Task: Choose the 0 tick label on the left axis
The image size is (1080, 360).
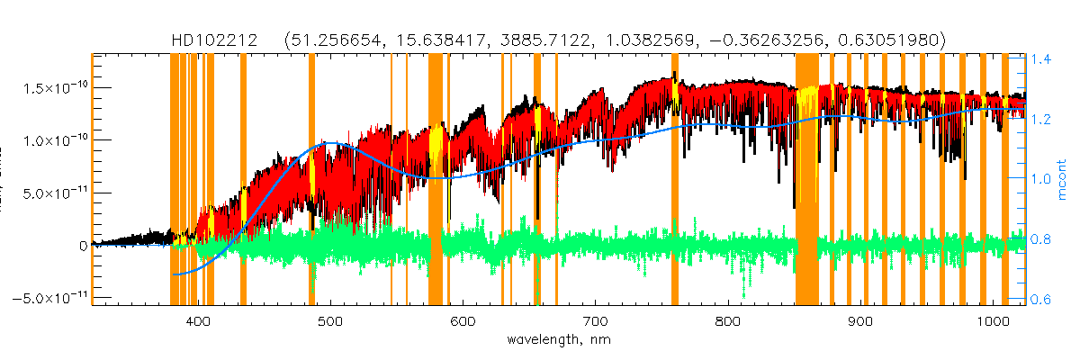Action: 82,245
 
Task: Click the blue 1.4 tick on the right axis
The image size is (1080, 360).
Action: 1041,59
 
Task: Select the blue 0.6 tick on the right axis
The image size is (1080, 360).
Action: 1041,299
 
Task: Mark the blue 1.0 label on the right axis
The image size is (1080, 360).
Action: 1041,179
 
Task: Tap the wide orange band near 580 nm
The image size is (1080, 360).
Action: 436,180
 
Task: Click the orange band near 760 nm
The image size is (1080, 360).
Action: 675,180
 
